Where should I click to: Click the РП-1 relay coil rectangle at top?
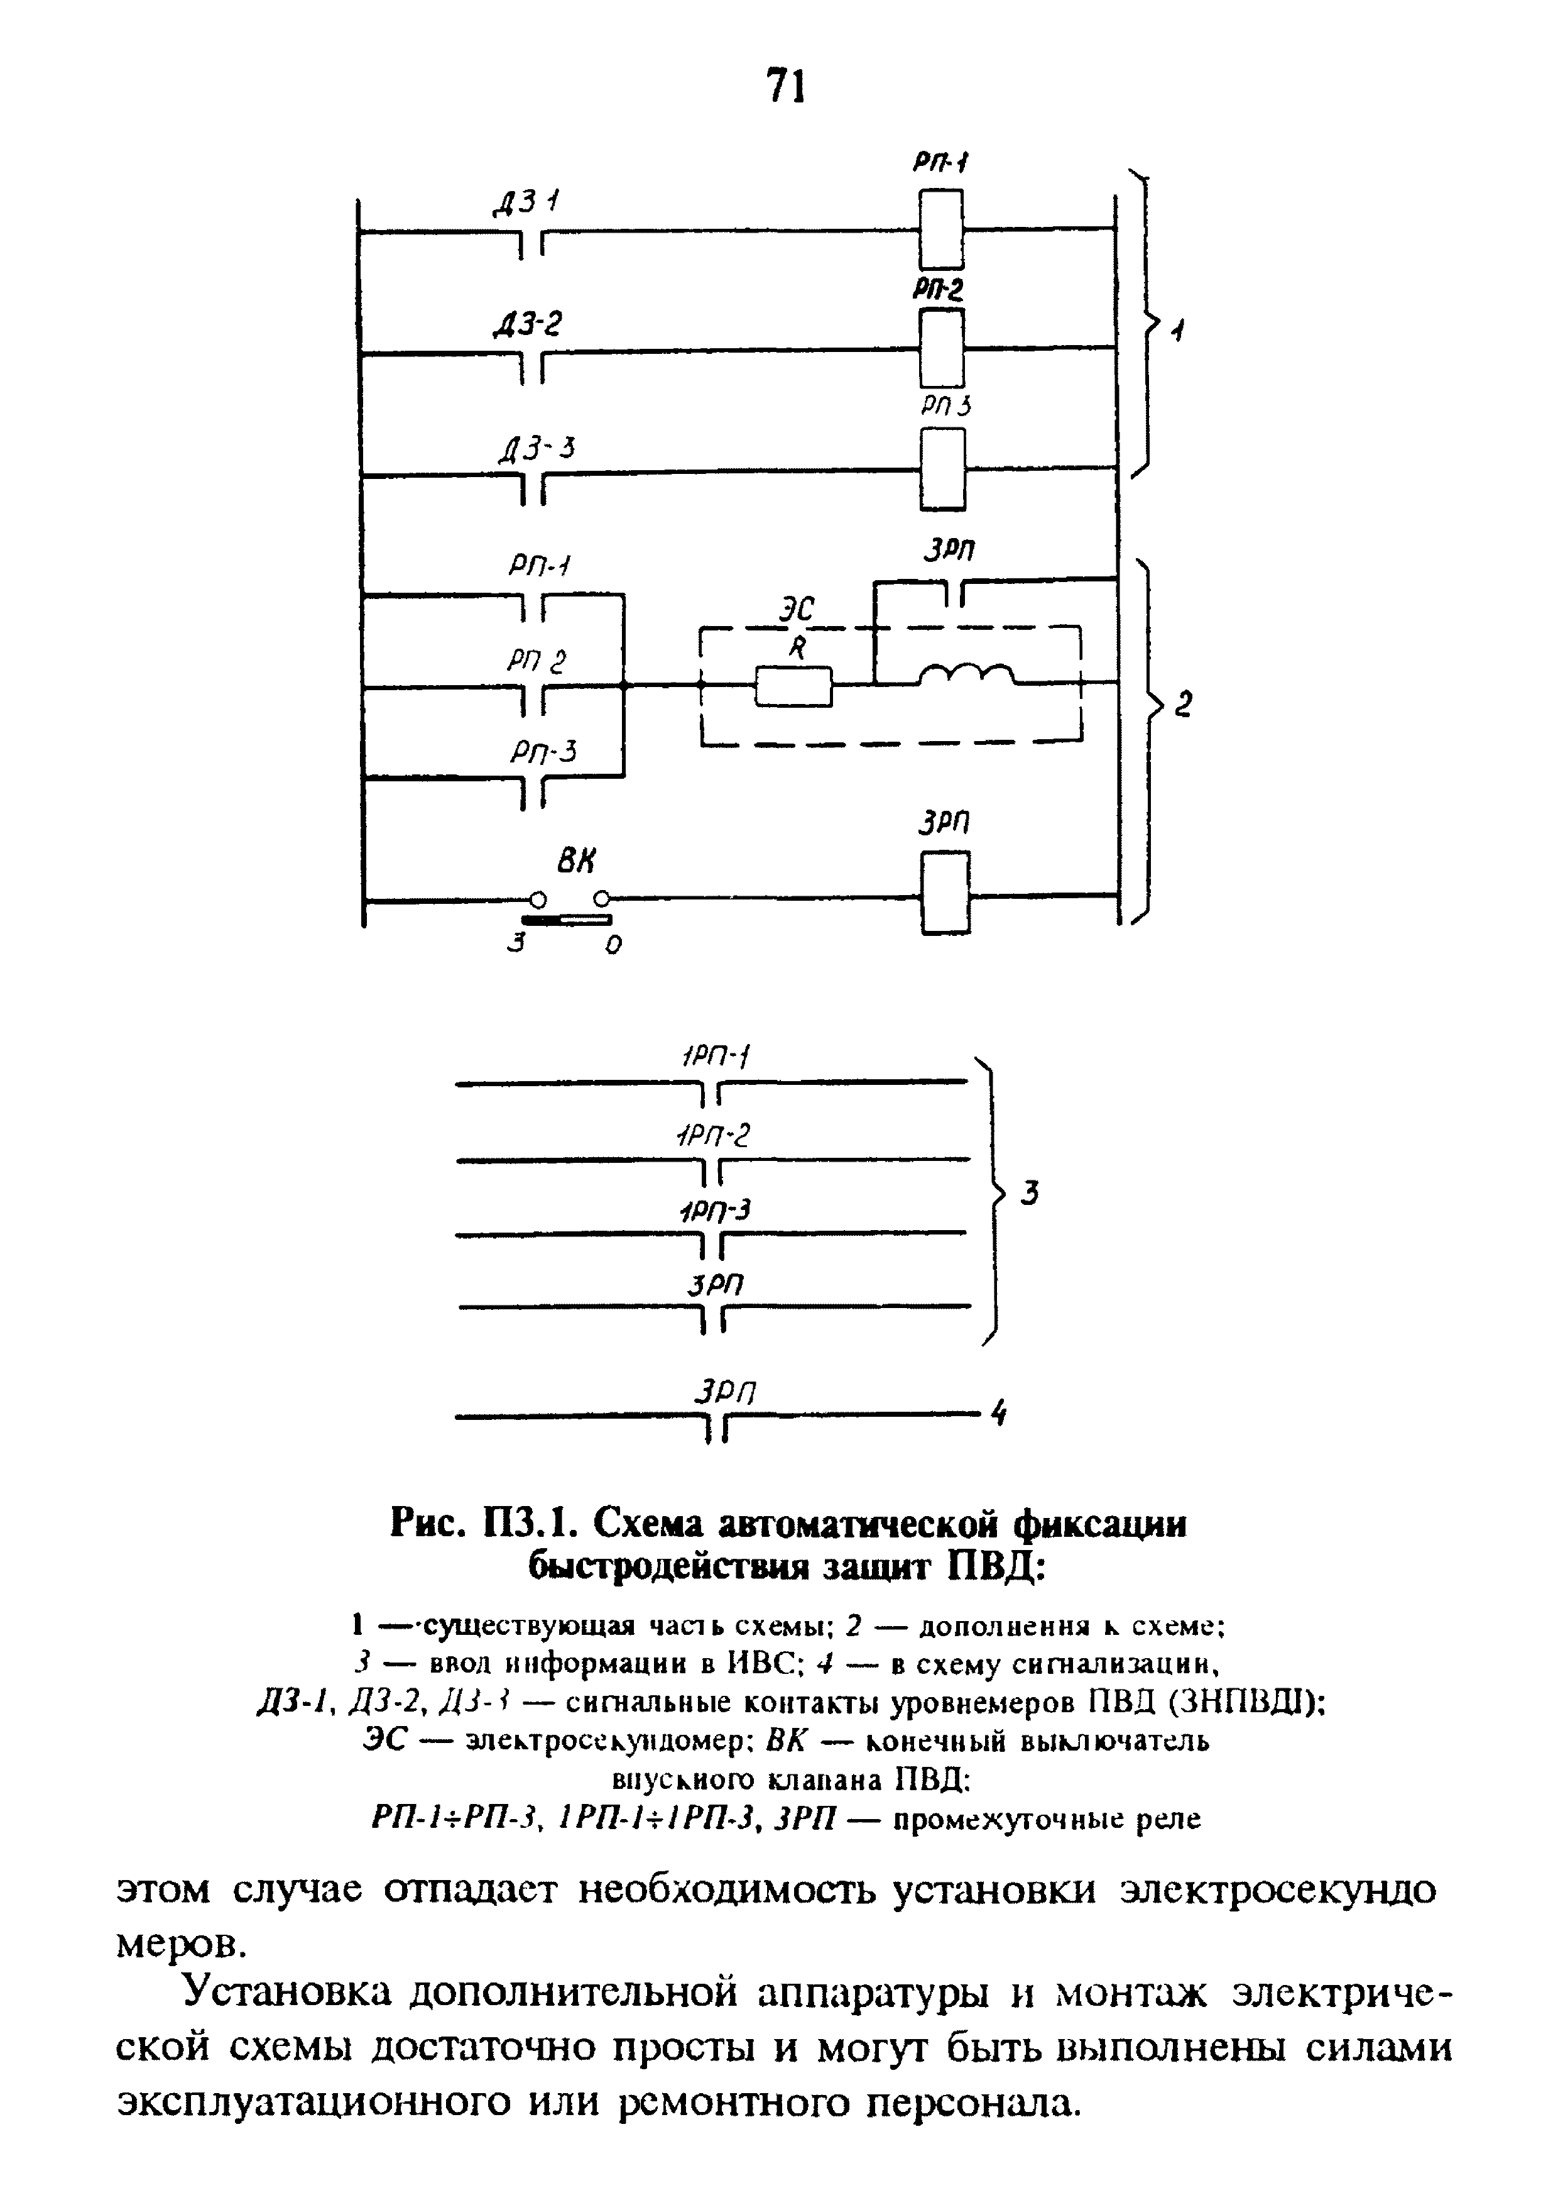tap(940, 229)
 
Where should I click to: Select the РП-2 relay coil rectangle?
tap(940, 348)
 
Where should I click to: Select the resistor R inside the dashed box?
tap(794, 686)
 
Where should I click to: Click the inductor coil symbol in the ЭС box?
tap(966, 676)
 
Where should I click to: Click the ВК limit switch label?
tap(575, 862)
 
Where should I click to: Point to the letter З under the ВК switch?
tap(518, 945)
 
